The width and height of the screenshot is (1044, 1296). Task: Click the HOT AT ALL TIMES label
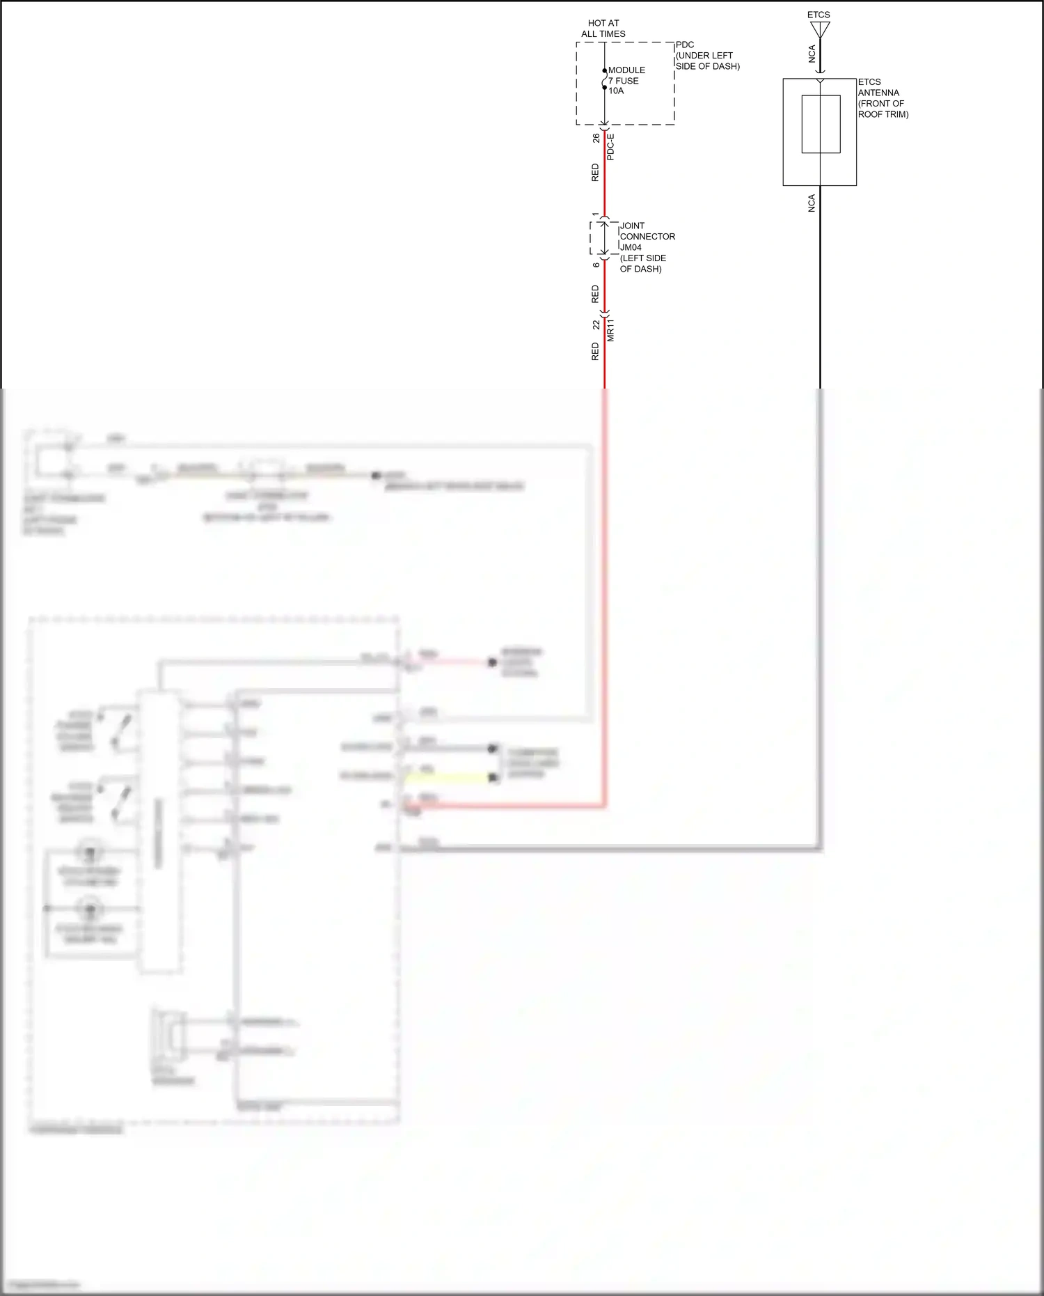coord(603,29)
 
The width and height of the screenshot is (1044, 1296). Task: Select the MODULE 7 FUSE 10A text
coord(626,81)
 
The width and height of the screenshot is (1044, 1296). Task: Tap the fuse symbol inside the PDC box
coord(604,81)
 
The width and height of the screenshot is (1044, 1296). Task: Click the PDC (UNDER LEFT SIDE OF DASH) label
coord(706,56)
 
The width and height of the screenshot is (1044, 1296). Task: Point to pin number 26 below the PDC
coord(596,139)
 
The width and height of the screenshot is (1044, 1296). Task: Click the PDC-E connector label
coord(610,147)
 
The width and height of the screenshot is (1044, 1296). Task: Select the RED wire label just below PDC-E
coord(595,173)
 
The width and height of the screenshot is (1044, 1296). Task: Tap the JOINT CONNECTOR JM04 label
coord(647,237)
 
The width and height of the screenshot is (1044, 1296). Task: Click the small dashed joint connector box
coord(603,238)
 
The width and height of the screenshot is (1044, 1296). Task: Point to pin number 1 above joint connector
coord(596,215)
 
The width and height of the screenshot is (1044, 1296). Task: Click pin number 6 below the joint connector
coord(596,265)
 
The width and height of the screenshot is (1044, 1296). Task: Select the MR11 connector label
coord(610,330)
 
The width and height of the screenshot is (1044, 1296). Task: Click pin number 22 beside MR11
coord(596,325)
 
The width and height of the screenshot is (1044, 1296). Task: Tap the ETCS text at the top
coord(818,15)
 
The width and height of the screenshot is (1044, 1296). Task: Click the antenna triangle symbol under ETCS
coord(820,29)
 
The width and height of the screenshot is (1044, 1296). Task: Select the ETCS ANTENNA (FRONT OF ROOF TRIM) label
coord(882,98)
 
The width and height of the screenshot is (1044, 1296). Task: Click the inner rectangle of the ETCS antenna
coord(821,124)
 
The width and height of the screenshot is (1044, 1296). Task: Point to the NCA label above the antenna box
coord(812,54)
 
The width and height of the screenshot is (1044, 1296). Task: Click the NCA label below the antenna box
coord(812,203)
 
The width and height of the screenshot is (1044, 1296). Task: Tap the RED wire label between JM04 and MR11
coord(595,294)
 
